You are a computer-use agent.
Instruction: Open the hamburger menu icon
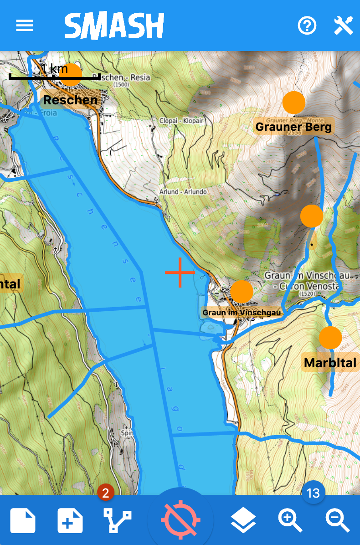(x=25, y=26)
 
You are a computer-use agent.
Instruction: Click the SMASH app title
(x=114, y=26)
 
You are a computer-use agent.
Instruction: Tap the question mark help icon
(x=307, y=26)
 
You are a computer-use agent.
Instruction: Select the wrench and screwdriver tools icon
(x=343, y=26)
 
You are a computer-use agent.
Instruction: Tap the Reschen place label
(x=70, y=100)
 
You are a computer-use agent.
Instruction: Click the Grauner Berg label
(x=293, y=127)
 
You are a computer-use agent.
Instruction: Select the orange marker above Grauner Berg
(x=293, y=103)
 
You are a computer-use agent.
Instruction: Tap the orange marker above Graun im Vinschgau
(x=242, y=292)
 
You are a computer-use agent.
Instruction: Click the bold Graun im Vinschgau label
(x=242, y=313)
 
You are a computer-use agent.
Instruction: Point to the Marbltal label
(x=330, y=363)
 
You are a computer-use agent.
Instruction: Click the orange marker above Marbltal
(x=330, y=338)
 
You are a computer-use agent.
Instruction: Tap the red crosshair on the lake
(x=180, y=272)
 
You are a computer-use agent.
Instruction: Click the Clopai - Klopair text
(x=181, y=121)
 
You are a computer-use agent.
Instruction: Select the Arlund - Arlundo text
(x=183, y=192)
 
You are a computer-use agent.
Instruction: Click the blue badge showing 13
(x=313, y=493)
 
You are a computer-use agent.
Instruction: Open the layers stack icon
(x=243, y=520)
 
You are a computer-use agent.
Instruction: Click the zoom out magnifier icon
(x=338, y=520)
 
